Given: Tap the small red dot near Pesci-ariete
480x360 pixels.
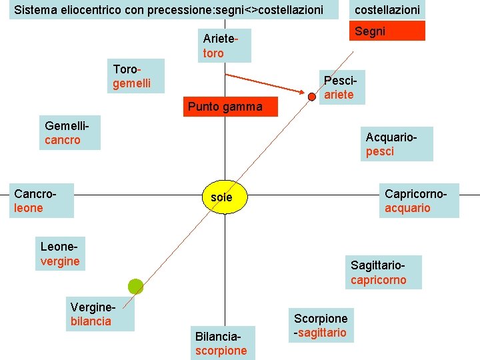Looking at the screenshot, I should (x=312, y=97).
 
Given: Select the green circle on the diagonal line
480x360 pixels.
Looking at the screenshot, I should (x=136, y=287).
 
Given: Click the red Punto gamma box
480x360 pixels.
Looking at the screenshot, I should (x=225, y=107).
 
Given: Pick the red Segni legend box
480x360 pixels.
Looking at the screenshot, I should (x=387, y=31).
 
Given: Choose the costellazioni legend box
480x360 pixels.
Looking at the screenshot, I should (x=387, y=10).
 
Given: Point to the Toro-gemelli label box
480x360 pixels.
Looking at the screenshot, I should (x=136, y=77).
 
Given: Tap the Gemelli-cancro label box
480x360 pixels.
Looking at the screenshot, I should (x=69, y=133).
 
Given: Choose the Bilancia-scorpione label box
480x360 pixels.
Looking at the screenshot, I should (x=221, y=344).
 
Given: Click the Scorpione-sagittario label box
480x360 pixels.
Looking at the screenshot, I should (x=321, y=326).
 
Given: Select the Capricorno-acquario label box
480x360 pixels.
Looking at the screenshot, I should (x=419, y=201).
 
